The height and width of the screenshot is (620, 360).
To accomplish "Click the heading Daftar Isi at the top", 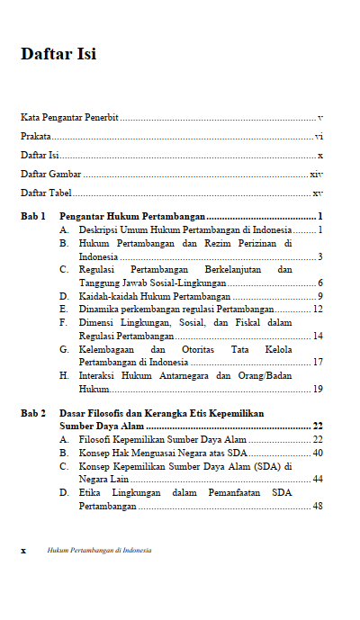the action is click(x=58, y=54).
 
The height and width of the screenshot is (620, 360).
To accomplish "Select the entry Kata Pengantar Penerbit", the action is click(x=70, y=118).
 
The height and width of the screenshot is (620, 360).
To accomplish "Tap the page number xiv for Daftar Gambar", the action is click(x=316, y=174).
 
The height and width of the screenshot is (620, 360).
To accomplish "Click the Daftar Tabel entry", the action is click(x=46, y=193).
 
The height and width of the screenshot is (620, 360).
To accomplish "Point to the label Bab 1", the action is click(x=33, y=217).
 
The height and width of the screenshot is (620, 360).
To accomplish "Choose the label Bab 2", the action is click(x=33, y=413).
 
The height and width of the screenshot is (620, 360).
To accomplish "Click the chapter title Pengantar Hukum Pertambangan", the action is click(x=133, y=217).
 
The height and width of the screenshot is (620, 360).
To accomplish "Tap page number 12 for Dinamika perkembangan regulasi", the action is click(x=318, y=309).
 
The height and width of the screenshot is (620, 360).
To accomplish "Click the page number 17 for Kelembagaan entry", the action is click(x=318, y=362).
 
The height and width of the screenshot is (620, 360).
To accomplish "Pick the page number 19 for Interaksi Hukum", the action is click(x=318, y=389).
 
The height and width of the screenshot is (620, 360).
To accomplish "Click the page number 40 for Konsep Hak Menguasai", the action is click(x=318, y=453).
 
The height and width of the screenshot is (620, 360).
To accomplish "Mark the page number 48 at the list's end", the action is click(x=318, y=506).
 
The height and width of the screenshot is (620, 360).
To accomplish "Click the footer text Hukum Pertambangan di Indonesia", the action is click(x=100, y=550).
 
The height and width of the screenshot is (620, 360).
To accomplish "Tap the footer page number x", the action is click(x=23, y=550).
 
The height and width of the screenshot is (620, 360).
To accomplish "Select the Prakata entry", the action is click(x=36, y=137).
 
